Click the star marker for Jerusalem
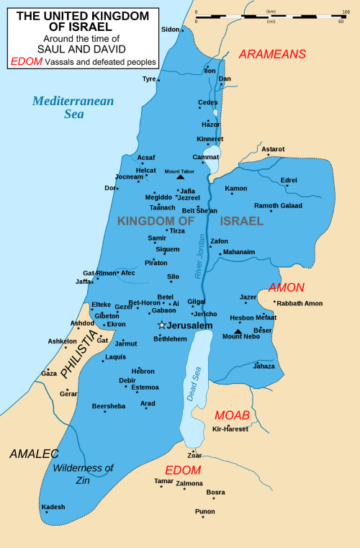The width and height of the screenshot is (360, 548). coord(162,325)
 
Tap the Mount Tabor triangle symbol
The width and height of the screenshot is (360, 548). coord(180,176)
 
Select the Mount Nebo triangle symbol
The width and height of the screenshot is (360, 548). coord(238,331)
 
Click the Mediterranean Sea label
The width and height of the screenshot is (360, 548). coord(73,107)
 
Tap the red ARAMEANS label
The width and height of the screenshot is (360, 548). coord(272,54)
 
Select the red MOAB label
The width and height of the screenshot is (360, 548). coord(232,416)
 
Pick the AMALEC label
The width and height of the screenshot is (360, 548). coord(34,454)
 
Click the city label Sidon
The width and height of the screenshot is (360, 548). coord(170,30)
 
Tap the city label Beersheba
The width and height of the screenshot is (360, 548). coord(109,406)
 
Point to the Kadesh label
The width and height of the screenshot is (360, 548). coord(53,507)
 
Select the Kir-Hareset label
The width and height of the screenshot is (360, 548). coord(230,429)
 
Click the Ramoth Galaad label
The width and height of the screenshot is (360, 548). coord(278,205)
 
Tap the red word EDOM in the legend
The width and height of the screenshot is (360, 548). coord(26,62)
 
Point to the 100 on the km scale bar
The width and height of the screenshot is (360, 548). coord(346,13)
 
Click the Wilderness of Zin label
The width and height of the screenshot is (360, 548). coord(83,474)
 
